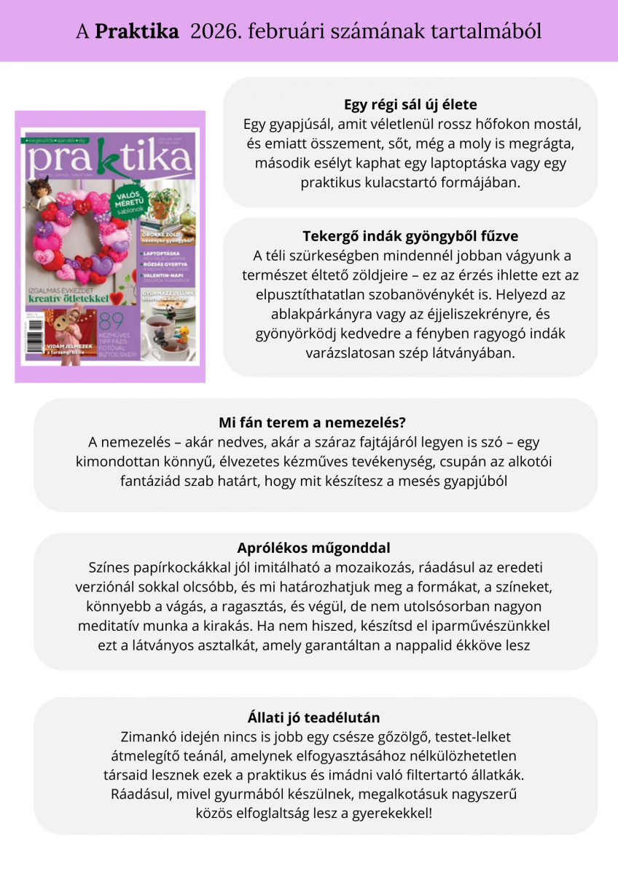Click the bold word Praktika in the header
[137, 31]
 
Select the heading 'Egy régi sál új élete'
[410, 105]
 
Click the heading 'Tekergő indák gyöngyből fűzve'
[410, 237]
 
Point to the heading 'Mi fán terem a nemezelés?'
[312, 423]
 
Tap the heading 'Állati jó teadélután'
[313, 717]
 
